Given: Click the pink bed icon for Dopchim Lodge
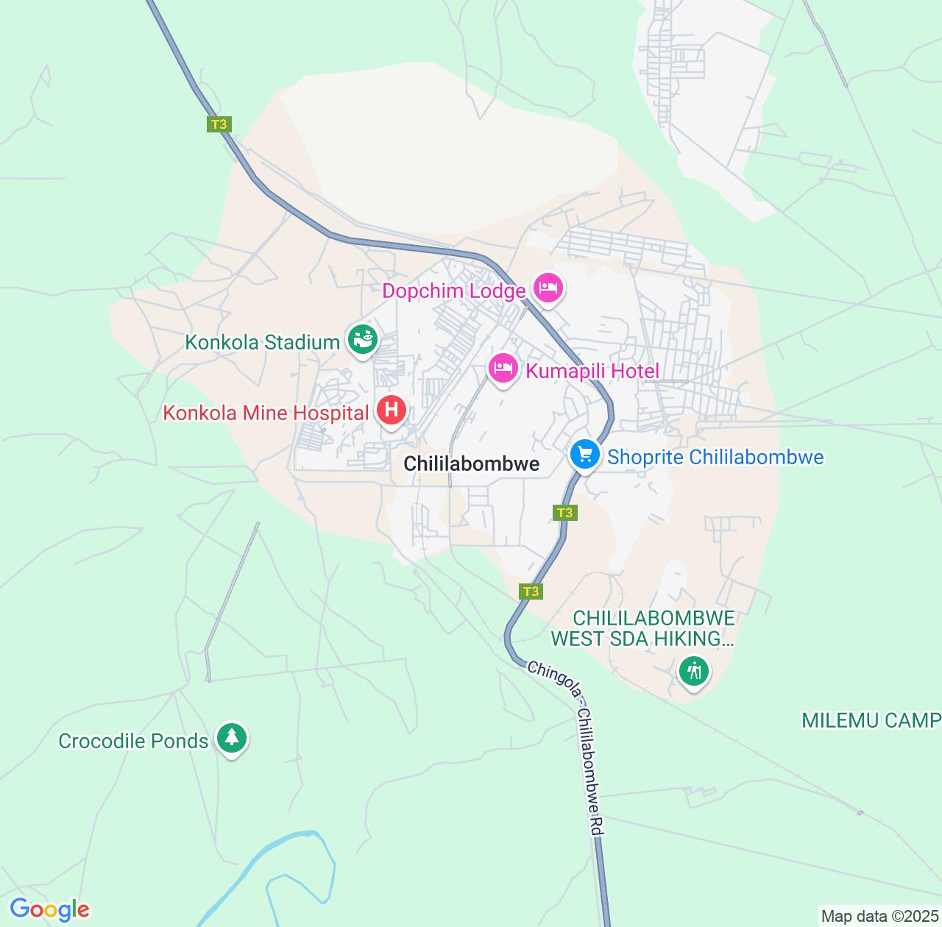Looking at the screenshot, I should (548, 289).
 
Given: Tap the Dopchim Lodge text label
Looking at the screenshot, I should (453, 291).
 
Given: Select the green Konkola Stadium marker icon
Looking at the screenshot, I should (362, 340).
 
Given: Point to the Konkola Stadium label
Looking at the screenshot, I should (262, 343).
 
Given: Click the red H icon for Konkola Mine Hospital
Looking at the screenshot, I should (392, 410).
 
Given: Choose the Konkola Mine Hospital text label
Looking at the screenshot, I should (266, 413).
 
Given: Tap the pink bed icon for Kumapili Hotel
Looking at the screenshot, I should (503, 368).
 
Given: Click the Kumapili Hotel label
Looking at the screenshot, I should (592, 371).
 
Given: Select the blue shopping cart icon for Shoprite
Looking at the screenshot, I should (585, 454).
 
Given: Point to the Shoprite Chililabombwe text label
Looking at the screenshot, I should (715, 458).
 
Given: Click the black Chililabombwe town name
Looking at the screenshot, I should (472, 464).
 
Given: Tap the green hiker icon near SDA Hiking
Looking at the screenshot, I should (693, 670).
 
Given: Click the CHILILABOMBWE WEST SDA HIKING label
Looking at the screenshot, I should (643, 628).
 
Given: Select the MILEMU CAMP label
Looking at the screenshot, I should (871, 720).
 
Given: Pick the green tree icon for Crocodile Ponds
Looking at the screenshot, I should (232, 737).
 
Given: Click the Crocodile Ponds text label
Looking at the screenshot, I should (133, 741).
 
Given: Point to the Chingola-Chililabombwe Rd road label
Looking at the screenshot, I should (567, 747).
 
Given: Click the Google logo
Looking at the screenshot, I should (49, 909).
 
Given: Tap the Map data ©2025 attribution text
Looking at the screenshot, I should (879, 917).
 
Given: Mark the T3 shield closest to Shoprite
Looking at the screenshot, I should (564, 513).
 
